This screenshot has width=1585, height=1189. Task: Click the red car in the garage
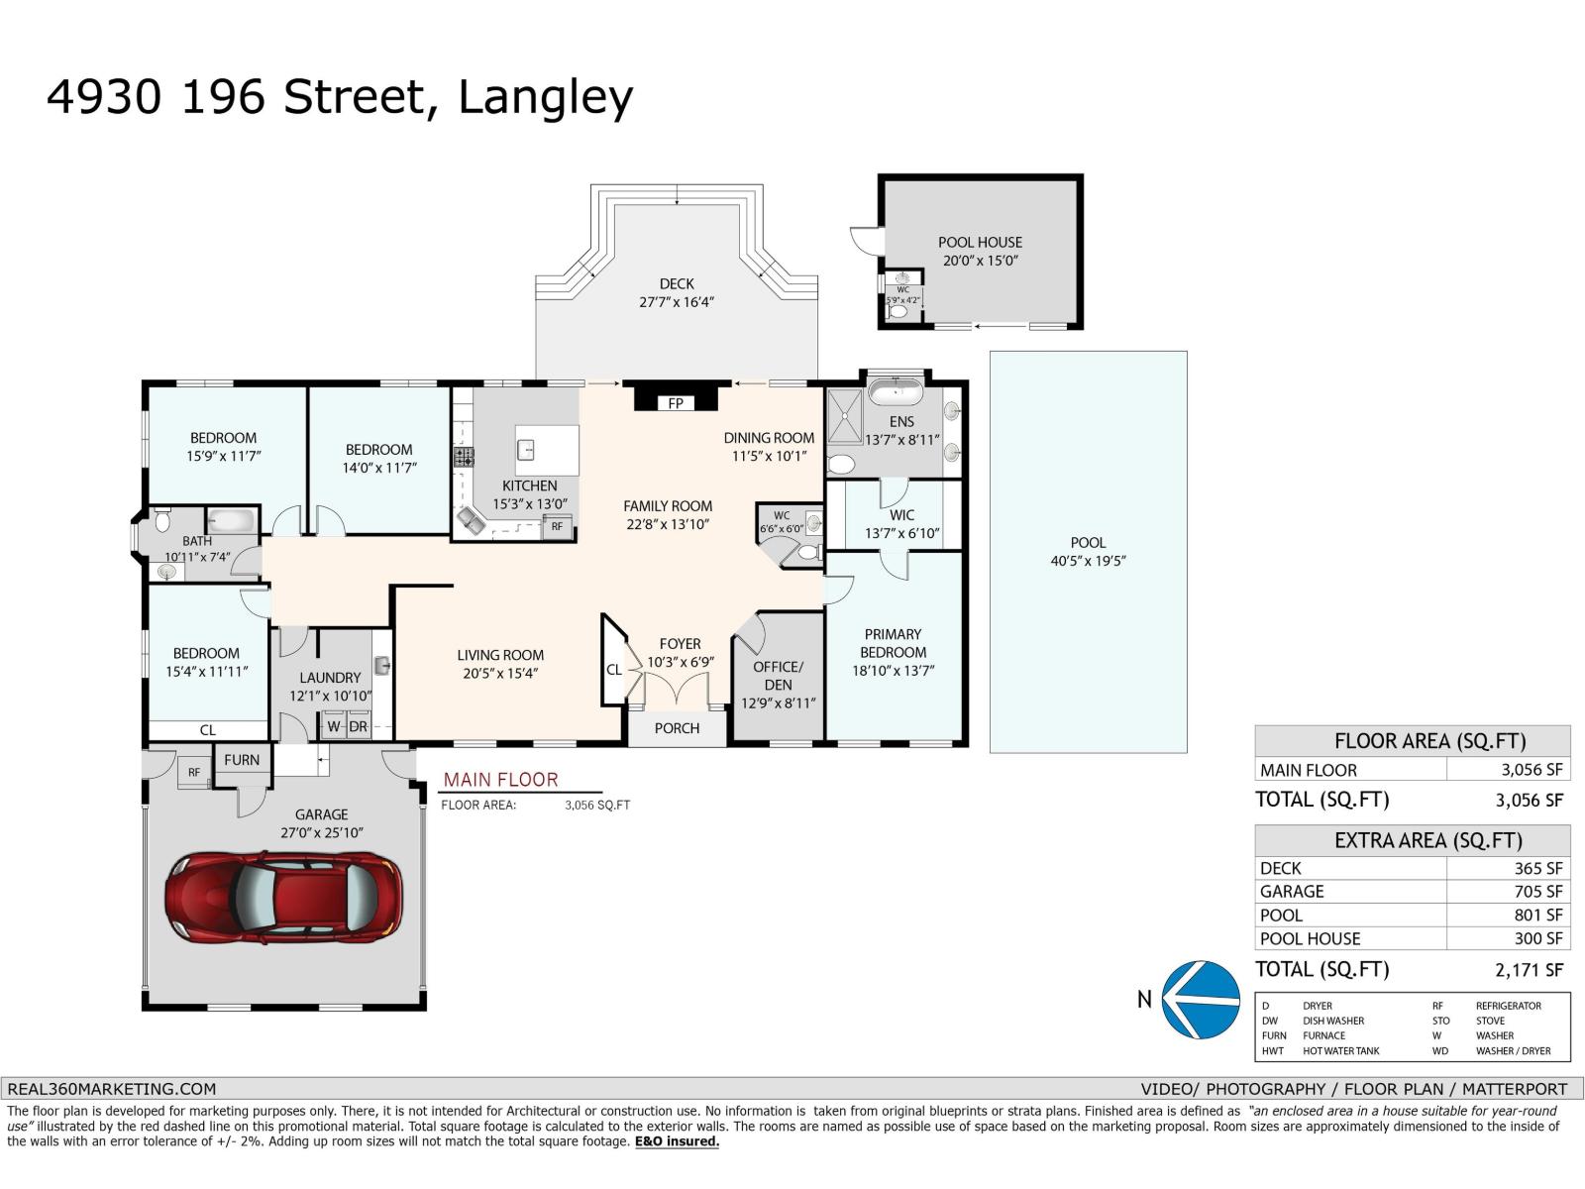[283, 898]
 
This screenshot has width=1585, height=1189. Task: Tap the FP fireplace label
[676, 403]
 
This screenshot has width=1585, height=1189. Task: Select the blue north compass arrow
[1200, 999]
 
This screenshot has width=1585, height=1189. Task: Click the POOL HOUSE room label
[980, 242]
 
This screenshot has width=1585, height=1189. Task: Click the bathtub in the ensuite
[896, 390]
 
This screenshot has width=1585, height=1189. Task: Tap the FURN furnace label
[241, 760]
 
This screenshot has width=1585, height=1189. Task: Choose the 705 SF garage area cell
[1537, 892]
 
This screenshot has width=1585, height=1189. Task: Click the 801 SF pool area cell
[1537, 916]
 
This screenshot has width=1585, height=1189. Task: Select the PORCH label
[677, 728]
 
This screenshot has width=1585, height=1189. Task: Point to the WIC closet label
[901, 515]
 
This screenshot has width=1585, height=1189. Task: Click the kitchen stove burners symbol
[464, 457]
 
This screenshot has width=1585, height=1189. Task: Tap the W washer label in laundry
[334, 726]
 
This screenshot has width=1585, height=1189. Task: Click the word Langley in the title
[545, 97]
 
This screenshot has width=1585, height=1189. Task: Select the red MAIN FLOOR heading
[500, 780]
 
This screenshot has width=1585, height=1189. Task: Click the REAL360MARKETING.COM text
[112, 1088]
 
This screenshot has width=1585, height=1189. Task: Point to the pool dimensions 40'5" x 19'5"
[1088, 561]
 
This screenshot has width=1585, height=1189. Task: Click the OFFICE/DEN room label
[778, 676]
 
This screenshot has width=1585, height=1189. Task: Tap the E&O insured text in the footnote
[677, 1141]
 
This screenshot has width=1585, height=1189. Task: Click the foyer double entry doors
[676, 690]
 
